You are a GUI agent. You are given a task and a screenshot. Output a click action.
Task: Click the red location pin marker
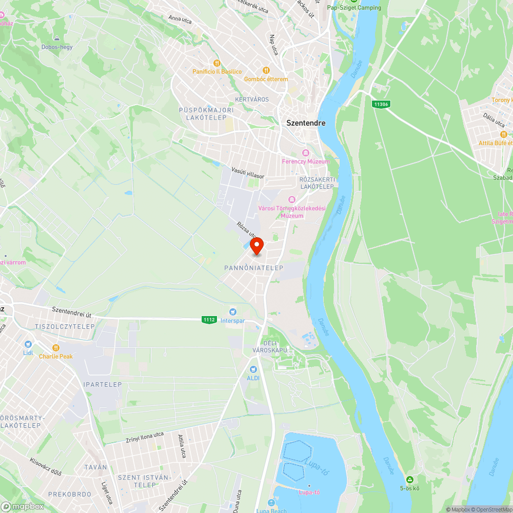coord(256,246)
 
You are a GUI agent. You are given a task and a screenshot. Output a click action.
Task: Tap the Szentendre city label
coord(306,123)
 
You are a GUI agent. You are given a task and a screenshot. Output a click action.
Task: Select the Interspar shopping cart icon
coord(233,312)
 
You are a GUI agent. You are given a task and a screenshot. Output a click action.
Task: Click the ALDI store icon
coord(253,369)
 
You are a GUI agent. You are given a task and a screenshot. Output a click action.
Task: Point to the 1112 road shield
coord(209,320)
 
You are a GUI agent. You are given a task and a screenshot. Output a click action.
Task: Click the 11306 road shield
coord(381,104)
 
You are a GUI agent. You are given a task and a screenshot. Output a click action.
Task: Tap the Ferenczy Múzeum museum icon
coord(306,153)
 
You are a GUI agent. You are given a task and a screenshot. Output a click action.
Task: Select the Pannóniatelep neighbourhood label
coord(253,268)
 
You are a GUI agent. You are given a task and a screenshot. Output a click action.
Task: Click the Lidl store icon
coord(28,344)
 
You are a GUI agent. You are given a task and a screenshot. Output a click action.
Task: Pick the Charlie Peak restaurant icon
coord(56,347)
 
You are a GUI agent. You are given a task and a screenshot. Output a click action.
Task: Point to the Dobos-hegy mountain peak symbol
coord(57,38)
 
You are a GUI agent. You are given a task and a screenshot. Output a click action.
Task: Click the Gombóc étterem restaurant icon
coord(266,70)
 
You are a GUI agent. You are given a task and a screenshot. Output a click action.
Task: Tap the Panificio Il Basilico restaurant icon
coord(217,63)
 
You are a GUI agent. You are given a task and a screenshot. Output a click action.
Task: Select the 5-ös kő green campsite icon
coord(409,479)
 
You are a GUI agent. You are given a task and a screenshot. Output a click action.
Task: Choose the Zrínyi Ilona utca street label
coord(145,438)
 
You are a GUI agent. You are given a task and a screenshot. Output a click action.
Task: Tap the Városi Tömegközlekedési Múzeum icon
coord(291,199)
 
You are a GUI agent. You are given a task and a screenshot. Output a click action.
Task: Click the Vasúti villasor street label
coord(247,172)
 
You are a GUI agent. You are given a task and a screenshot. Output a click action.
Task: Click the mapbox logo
coord(23,506)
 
